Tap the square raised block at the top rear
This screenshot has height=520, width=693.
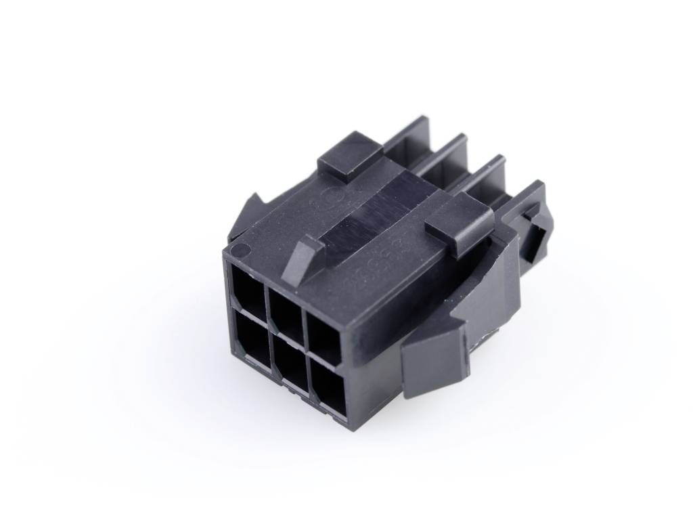point(349,154)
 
